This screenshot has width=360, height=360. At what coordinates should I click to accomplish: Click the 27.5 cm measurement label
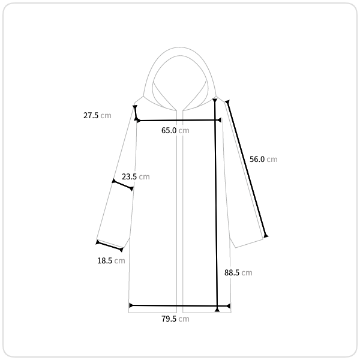click(97, 115)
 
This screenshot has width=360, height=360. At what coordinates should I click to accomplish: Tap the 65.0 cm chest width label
click(175, 130)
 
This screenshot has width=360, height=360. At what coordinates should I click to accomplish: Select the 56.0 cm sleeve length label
click(263, 159)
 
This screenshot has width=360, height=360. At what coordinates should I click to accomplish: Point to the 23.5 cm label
click(136, 176)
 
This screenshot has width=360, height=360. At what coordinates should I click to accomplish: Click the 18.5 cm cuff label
click(111, 260)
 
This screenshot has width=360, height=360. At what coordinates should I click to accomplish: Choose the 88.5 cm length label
click(238, 272)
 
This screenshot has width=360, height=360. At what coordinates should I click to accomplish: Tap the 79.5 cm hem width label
click(175, 319)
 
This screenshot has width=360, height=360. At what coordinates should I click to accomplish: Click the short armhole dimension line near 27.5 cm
click(136, 113)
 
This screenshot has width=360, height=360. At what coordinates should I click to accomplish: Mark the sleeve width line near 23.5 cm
click(123, 185)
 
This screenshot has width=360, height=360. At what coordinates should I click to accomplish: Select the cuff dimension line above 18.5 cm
click(110, 246)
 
